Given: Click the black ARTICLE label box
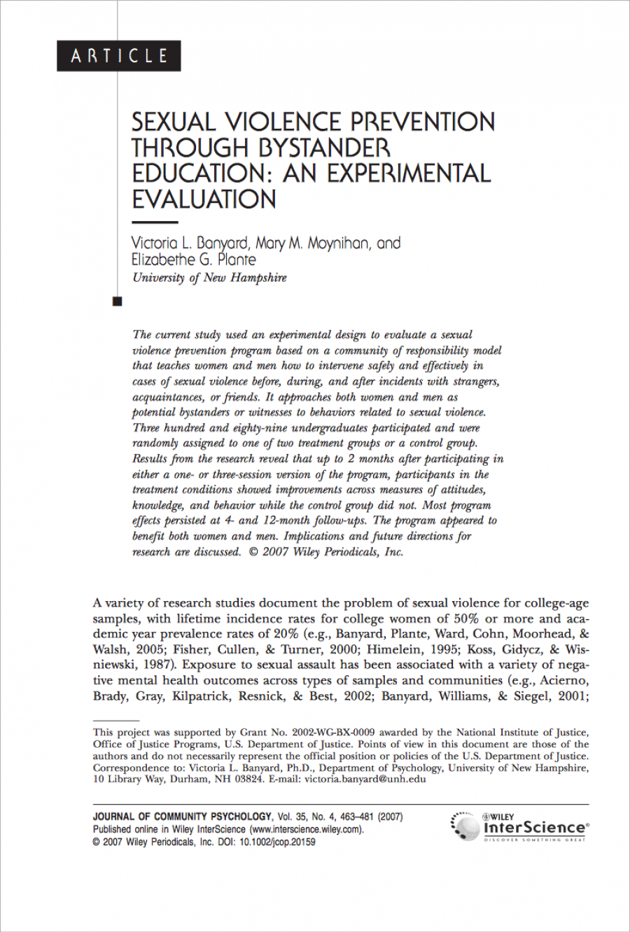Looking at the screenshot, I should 119,56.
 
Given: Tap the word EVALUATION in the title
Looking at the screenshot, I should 204,199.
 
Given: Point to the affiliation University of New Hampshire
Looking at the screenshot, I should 209,278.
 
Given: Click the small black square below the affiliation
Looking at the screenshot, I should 117,302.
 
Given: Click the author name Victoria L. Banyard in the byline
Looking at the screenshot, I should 190,243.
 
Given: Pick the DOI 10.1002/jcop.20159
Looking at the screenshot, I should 277,842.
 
